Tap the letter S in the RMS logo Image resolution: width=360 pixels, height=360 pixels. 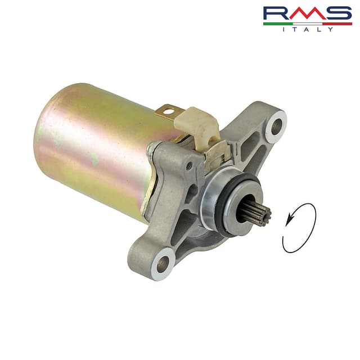340,13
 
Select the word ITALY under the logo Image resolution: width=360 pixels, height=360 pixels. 308,29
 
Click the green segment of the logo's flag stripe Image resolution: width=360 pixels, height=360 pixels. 278,24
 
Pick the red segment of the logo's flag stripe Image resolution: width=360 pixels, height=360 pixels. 337,24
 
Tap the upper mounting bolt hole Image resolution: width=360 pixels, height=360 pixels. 276,127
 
